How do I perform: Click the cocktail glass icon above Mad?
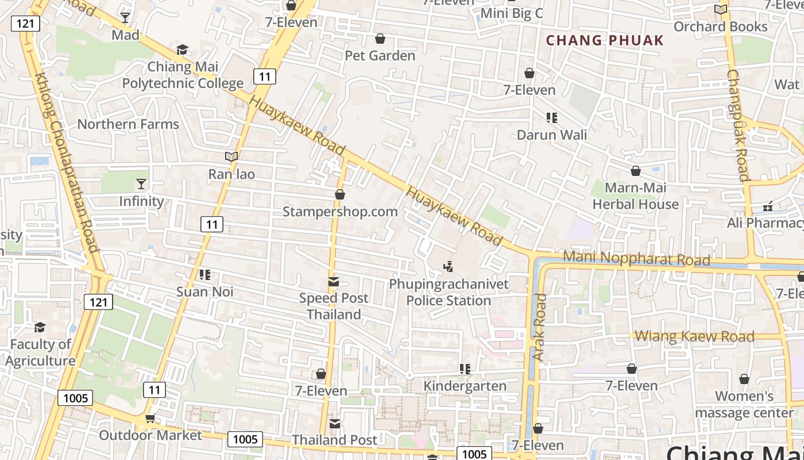pyautogui.click(x=125, y=18)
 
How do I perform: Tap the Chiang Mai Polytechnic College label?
pyautogui.click(x=183, y=75)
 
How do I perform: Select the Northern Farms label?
pyautogui.click(x=128, y=124)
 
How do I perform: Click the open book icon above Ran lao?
pyautogui.click(x=231, y=156)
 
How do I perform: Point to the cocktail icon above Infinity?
pyautogui.click(x=141, y=184)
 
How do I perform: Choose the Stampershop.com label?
pyautogui.click(x=340, y=212)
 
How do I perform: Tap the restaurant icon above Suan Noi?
pyautogui.click(x=205, y=275)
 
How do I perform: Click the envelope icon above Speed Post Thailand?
pyautogui.click(x=333, y=282)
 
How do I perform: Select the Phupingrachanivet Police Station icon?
pyautogui.click(x=449, y=266)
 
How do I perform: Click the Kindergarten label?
pyautogui.click(x=465, y=386)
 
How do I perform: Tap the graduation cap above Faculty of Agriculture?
pyautogui.click(x=40, y=327)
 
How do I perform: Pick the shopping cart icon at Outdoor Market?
pyautogui.click(x=150, y=418)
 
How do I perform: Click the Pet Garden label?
pyautogui.click(x=380, y=56)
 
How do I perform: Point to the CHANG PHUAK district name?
pyautogui.click(x=605, y=41)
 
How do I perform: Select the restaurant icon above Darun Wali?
pyautogui.click(x=552, y=118)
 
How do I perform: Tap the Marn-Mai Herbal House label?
pyautogui.click(x=635, y=196)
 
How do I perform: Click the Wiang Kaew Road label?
pyautogui.click(x=695, y=336)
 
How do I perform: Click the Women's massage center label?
pyautogui.click(x=744, y=404)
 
